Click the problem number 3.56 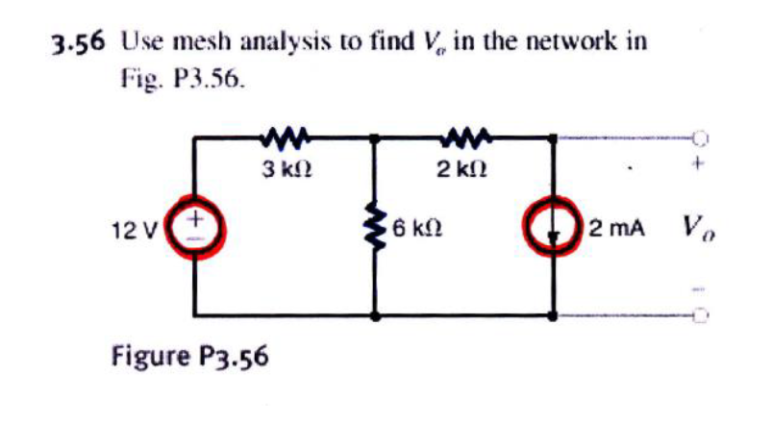pos(76,43)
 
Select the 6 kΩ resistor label pos(417,231)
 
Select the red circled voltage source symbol pos(193,231)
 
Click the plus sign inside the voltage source pos(193,220)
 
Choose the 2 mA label pos(620,231)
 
